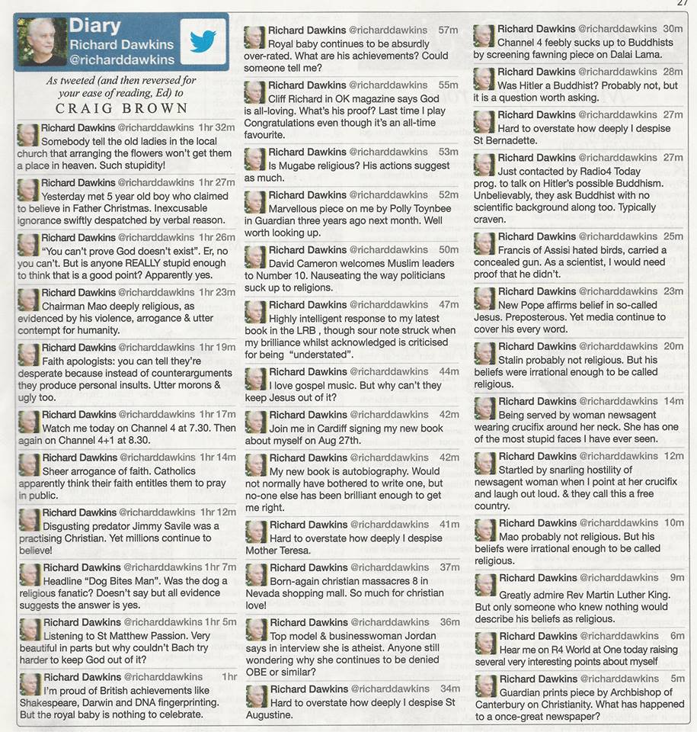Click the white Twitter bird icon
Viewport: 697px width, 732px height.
(x=203, y=41)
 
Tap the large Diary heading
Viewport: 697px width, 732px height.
(x=95, y=25)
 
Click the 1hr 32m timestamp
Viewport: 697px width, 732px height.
(x=217, y=128)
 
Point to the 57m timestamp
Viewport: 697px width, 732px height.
(x=449, y=30)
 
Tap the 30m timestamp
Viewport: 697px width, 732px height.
(x=673, y=29)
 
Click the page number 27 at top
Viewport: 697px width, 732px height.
(x=683, y=3)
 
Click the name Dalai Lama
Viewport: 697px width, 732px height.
(x=644, y=55)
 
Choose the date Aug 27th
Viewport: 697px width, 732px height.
(x=341, y=441)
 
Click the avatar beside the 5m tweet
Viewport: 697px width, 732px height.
(x=485, y=685)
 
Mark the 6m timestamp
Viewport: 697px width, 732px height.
(x=677, y=636)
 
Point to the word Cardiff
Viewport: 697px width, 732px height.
(x=334, y=428)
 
